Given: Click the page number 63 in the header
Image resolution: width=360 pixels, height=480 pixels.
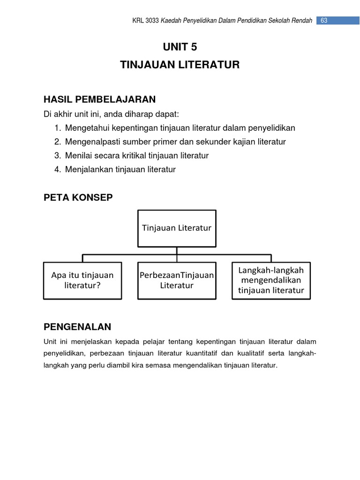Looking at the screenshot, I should coord(323,20).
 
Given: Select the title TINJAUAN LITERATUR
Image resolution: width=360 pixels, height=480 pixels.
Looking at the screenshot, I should coord(180,65).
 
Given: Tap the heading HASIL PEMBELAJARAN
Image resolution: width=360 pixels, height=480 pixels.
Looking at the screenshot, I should coord(99,99).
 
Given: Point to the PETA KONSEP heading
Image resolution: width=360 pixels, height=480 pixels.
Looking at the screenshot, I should coord(78,197).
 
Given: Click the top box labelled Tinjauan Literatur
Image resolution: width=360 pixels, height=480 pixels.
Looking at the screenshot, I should coord(177,228).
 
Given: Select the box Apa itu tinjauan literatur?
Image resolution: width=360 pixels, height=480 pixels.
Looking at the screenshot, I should coord(82,280).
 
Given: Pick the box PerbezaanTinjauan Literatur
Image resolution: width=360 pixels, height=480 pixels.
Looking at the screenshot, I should coord(177,280).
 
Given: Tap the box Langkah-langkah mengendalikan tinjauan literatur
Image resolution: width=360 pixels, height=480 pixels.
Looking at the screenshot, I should coord(271,280).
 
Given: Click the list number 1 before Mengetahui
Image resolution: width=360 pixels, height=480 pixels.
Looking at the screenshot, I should coord(57,128).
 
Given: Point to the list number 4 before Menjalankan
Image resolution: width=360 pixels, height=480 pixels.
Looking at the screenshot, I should coord(57,170).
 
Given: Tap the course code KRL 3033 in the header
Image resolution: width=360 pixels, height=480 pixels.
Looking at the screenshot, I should coord(146,21).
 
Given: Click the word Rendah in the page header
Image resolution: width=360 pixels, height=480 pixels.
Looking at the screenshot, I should coord(302,21).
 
